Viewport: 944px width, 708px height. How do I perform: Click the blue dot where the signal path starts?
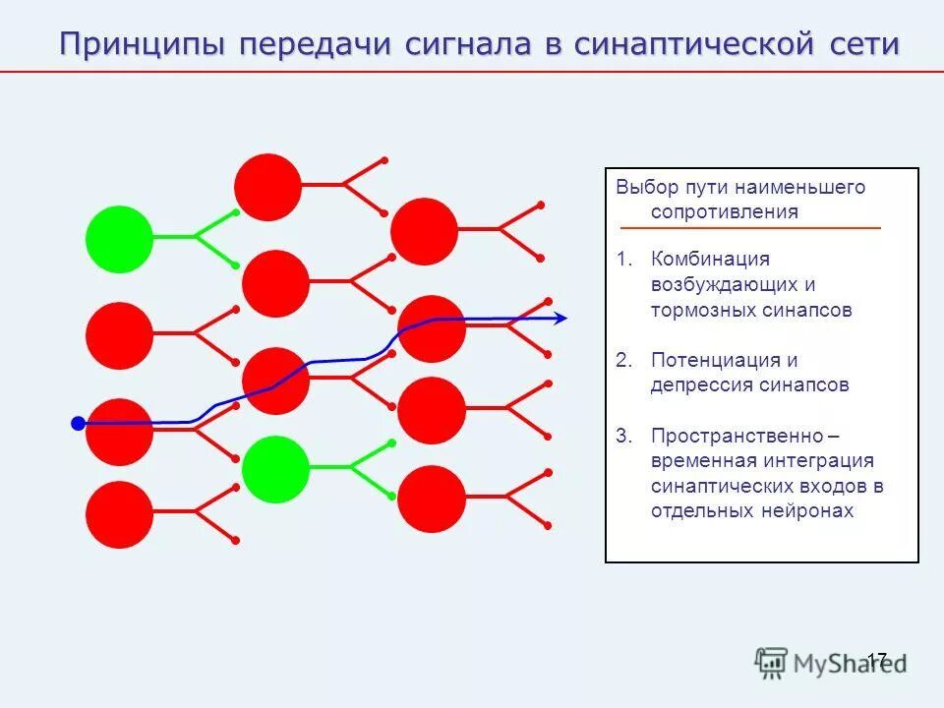click(x=79, y=424)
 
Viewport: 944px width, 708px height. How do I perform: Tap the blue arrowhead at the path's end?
click(x=561, y=318)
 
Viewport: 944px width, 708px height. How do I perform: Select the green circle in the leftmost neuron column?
click(x=119, y=238)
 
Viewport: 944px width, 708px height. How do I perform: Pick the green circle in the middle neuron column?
click(x=275, y=469)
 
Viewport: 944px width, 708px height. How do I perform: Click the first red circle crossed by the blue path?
click(x=119, y=433)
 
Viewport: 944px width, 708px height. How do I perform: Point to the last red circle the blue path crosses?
click(x=431, y=328)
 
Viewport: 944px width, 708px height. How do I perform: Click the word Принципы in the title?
click(x=145, y=45)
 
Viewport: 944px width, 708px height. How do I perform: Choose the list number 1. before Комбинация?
click(x=625, y=260)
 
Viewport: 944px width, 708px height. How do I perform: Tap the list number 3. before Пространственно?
click(x=625, y=436)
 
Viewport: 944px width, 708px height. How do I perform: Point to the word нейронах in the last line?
click(x=807, y=511)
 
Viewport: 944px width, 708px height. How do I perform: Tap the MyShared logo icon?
click(x=772, y=663)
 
